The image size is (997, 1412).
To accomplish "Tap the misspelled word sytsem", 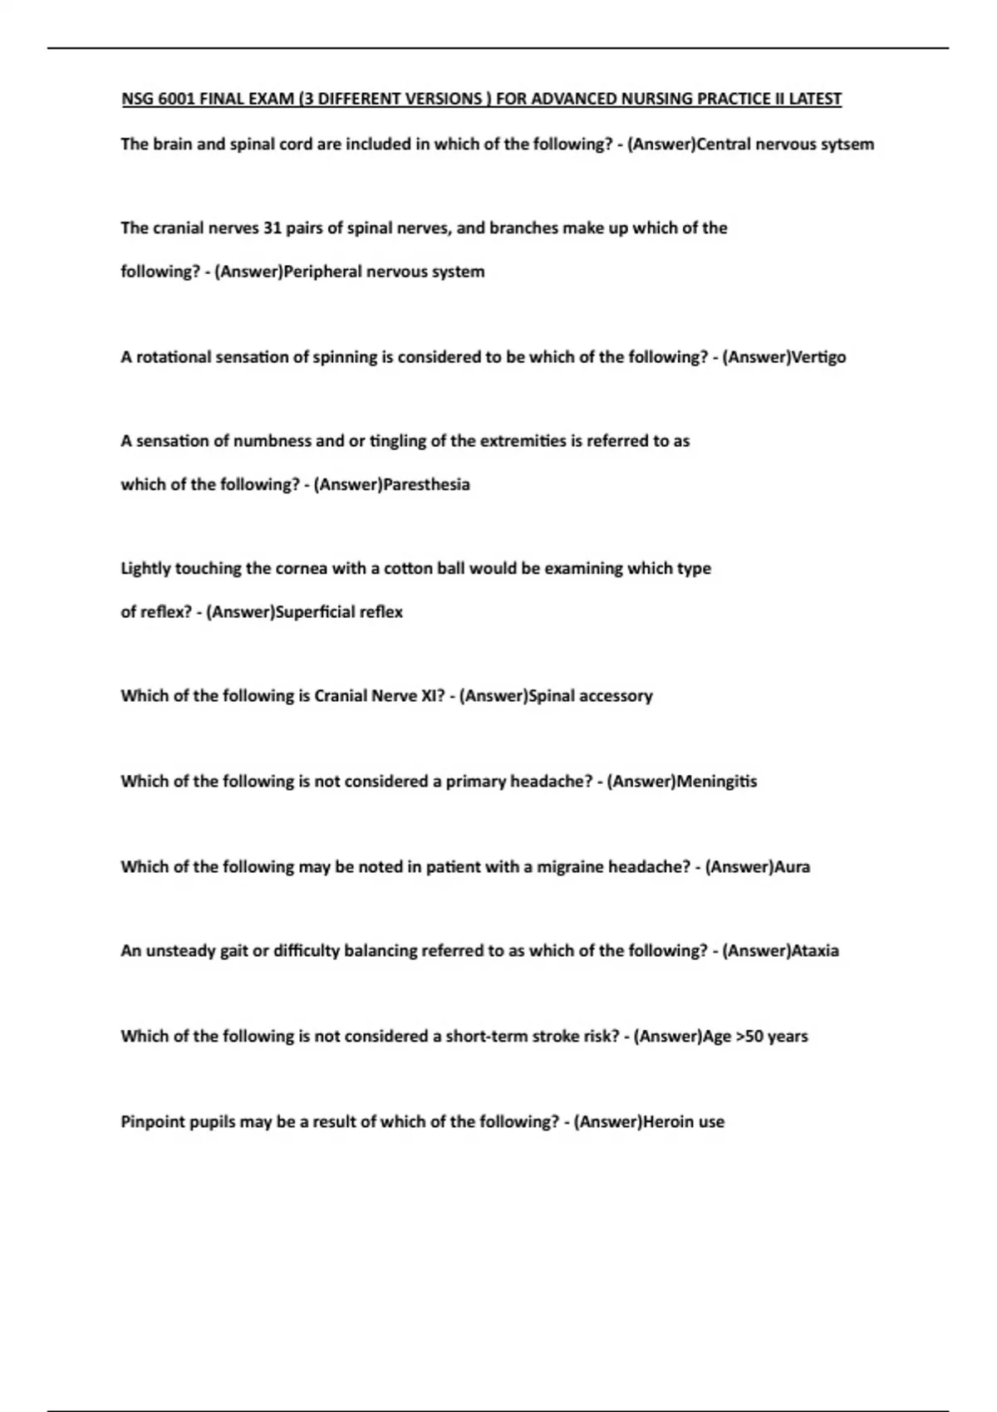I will (847, 145).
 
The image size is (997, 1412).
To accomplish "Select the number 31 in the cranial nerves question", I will (272, 228).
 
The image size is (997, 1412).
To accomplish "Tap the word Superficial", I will (314, 613).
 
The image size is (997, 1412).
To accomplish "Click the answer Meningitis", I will (716, 782).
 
